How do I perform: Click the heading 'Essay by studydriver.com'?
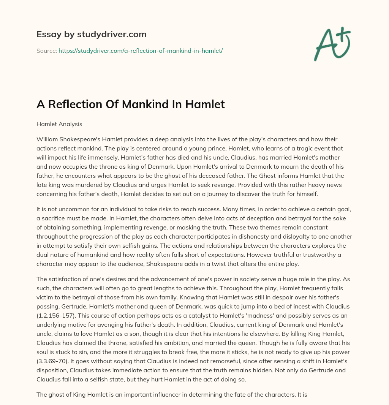coord(91,34)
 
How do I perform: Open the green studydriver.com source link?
coord(140,51)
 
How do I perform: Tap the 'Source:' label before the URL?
coord(46,51)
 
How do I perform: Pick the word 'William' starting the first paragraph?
coord(47,139)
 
